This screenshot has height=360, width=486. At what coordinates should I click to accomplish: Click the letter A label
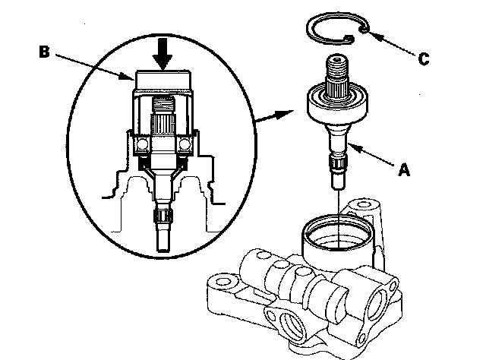[404, 170]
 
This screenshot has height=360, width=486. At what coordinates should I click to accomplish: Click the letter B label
[44, 52]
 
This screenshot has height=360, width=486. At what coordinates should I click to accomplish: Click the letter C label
[424, 59]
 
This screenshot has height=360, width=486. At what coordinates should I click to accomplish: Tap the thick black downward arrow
[163, 54]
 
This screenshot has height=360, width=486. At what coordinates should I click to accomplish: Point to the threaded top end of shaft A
[337, 70]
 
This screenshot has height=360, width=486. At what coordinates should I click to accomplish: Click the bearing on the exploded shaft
[337, 103]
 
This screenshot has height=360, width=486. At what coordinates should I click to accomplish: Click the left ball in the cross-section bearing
[143, 144]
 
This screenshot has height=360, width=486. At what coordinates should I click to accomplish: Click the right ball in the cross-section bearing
[185, 144]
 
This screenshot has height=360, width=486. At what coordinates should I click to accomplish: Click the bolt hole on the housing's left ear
[222, 283]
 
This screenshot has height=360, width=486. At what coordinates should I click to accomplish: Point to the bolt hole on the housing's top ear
[364, 204]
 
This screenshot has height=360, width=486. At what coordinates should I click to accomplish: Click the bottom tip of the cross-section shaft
[164, 250]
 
